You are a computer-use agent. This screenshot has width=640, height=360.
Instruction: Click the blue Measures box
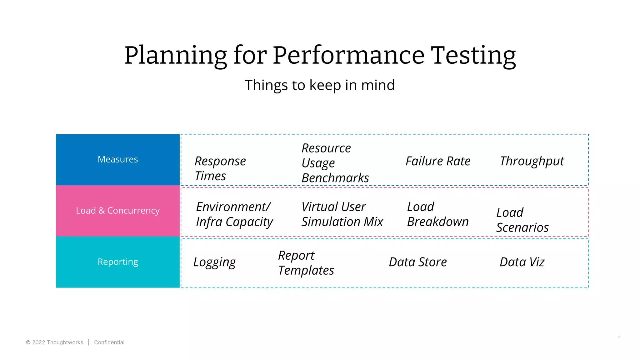coord(118,160)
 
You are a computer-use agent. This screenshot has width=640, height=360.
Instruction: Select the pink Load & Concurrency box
coord(118,211)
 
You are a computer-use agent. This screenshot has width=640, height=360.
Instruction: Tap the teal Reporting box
coord(118,262)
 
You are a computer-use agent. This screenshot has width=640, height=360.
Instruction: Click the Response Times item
coord(220,169)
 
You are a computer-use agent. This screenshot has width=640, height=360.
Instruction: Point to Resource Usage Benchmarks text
coord(335,163)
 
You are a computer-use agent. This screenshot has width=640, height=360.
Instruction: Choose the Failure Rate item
coord(438,161)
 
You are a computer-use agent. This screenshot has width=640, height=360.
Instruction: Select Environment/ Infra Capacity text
coord(234,215)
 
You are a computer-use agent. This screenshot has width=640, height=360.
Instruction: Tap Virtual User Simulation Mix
coord(342,214)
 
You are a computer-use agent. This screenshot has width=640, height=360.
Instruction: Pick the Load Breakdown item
coord(437,214)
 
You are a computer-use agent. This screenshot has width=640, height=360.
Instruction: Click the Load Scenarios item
coord(522,220)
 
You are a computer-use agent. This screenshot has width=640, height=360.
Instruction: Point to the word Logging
coord(215,262)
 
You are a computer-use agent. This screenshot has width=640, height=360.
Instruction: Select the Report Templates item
coord(306,263)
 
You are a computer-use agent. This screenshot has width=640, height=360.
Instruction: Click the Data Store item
coord(418,262)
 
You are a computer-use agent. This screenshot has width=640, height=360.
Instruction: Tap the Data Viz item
coord(522,262)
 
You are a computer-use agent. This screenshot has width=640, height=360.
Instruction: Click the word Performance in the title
coord(348,55)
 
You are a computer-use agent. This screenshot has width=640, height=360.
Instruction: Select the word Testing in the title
coord(473,55)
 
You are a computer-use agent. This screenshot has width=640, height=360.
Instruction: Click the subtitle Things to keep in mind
coord(320,85)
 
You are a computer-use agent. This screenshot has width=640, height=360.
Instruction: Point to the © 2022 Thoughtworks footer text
coord(55,342)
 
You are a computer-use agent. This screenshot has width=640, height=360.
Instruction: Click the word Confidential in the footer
coord(109,342)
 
